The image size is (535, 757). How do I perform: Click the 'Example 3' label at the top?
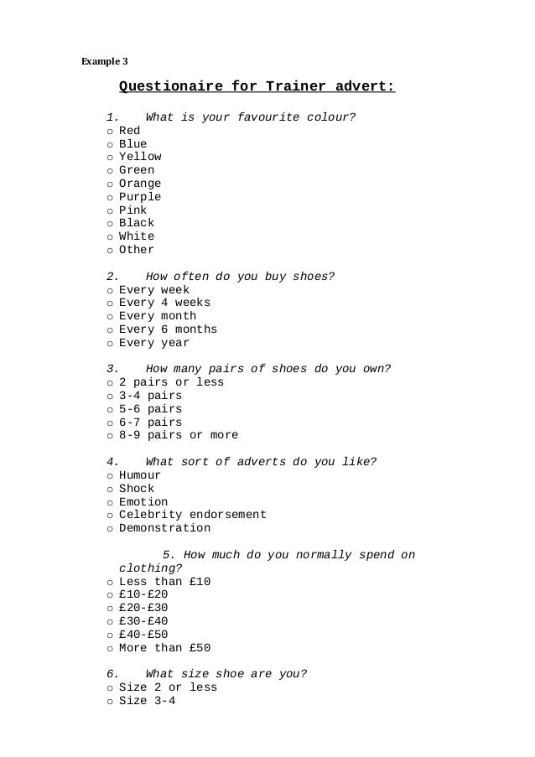pos(104,60)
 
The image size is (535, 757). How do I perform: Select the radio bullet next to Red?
pos(110,132)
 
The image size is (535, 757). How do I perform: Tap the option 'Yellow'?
pos(140,157)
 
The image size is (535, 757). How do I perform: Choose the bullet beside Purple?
pos(110,198)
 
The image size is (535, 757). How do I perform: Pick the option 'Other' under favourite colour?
pos(137,250)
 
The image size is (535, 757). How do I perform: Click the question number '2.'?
pos(112,277)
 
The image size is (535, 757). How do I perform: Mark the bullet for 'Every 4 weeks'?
pos(110,303)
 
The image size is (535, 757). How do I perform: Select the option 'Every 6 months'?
pos(168,329)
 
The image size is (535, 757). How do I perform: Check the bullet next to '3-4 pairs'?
pos(110,397)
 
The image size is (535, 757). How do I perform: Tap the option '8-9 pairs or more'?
pos(179,435)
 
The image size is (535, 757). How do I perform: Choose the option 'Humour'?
pos(140,475)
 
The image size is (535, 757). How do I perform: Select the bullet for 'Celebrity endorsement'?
pos(110,516)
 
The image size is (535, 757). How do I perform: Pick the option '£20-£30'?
pos(143,608)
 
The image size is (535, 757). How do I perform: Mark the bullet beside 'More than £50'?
pos(110,649)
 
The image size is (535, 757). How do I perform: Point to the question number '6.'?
pos(112,674)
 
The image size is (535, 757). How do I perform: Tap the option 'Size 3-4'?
pos(147,701)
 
